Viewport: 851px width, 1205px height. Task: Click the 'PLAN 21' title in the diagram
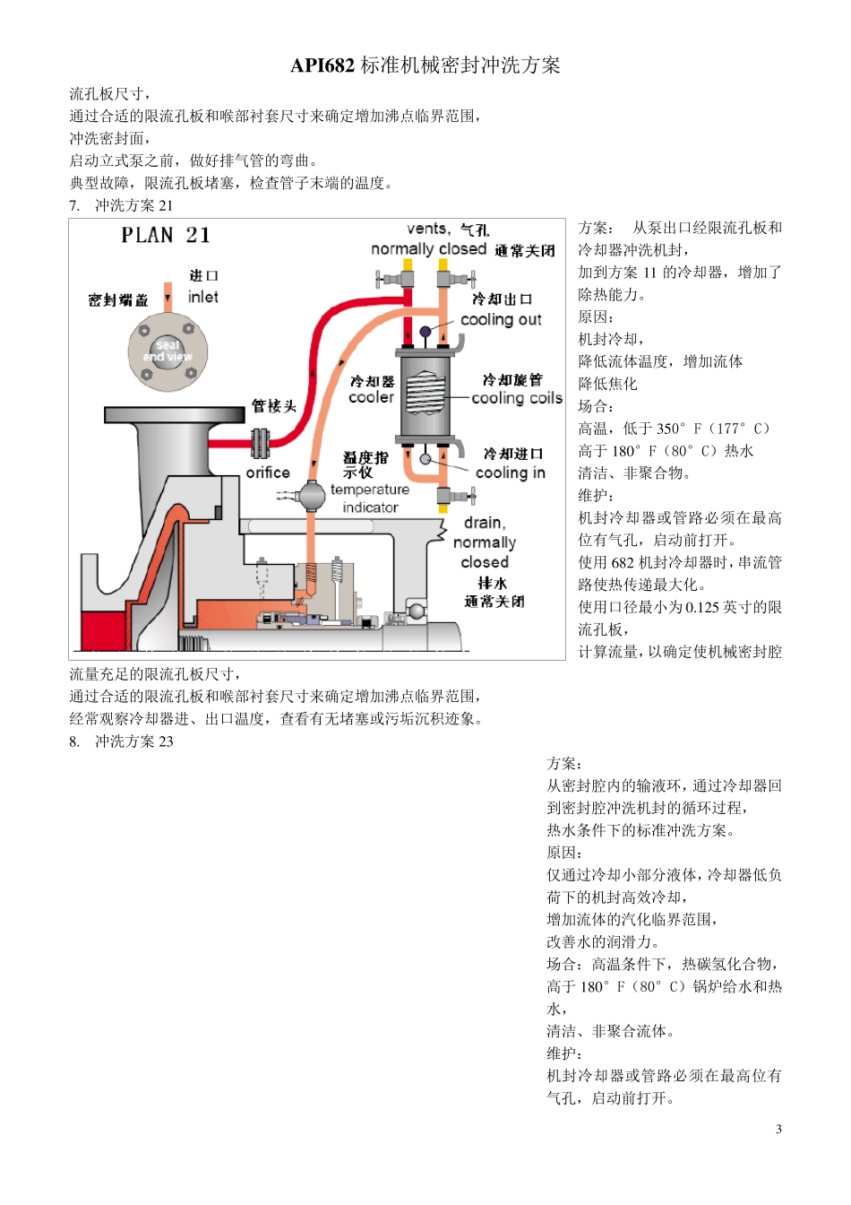pyautogui.click(x=166, y=236)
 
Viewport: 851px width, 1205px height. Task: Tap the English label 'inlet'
pyautogui.click(x=203, y=297)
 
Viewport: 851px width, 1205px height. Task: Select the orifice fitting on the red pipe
pyautogui.click(x=261, y=443)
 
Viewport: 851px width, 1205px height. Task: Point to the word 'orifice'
pyautogui.click(x=268, y=472)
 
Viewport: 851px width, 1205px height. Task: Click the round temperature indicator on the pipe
pyautogui.click(x=313, y=495)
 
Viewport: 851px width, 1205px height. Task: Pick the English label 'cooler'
pyautogui.click(x=371, y=397)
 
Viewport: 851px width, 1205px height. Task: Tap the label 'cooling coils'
pyautogui.click(x=517, y=398)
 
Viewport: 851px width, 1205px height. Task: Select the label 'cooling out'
pyautogui.click(x=501, y=319)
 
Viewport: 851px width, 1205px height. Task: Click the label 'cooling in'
pyautogui.click(x=510, y=472)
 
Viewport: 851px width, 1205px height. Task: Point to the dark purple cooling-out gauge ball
pyautogui.click(x=426, y=332)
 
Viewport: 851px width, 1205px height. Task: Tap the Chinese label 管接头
pyautogui.click(x=273, y=406)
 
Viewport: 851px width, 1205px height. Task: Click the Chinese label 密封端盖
pyautogui.click(x=118, y=299)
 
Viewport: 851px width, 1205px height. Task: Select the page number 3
pyautogui.click(x=778, y=1129)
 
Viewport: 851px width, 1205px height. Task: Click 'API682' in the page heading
pyautogui.click(x=322, y=65)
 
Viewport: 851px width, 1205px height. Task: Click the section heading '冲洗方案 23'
pyautogui.click(x=133, y=741)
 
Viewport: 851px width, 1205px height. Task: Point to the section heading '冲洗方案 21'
pyautogui.click(x=133, y=205)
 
